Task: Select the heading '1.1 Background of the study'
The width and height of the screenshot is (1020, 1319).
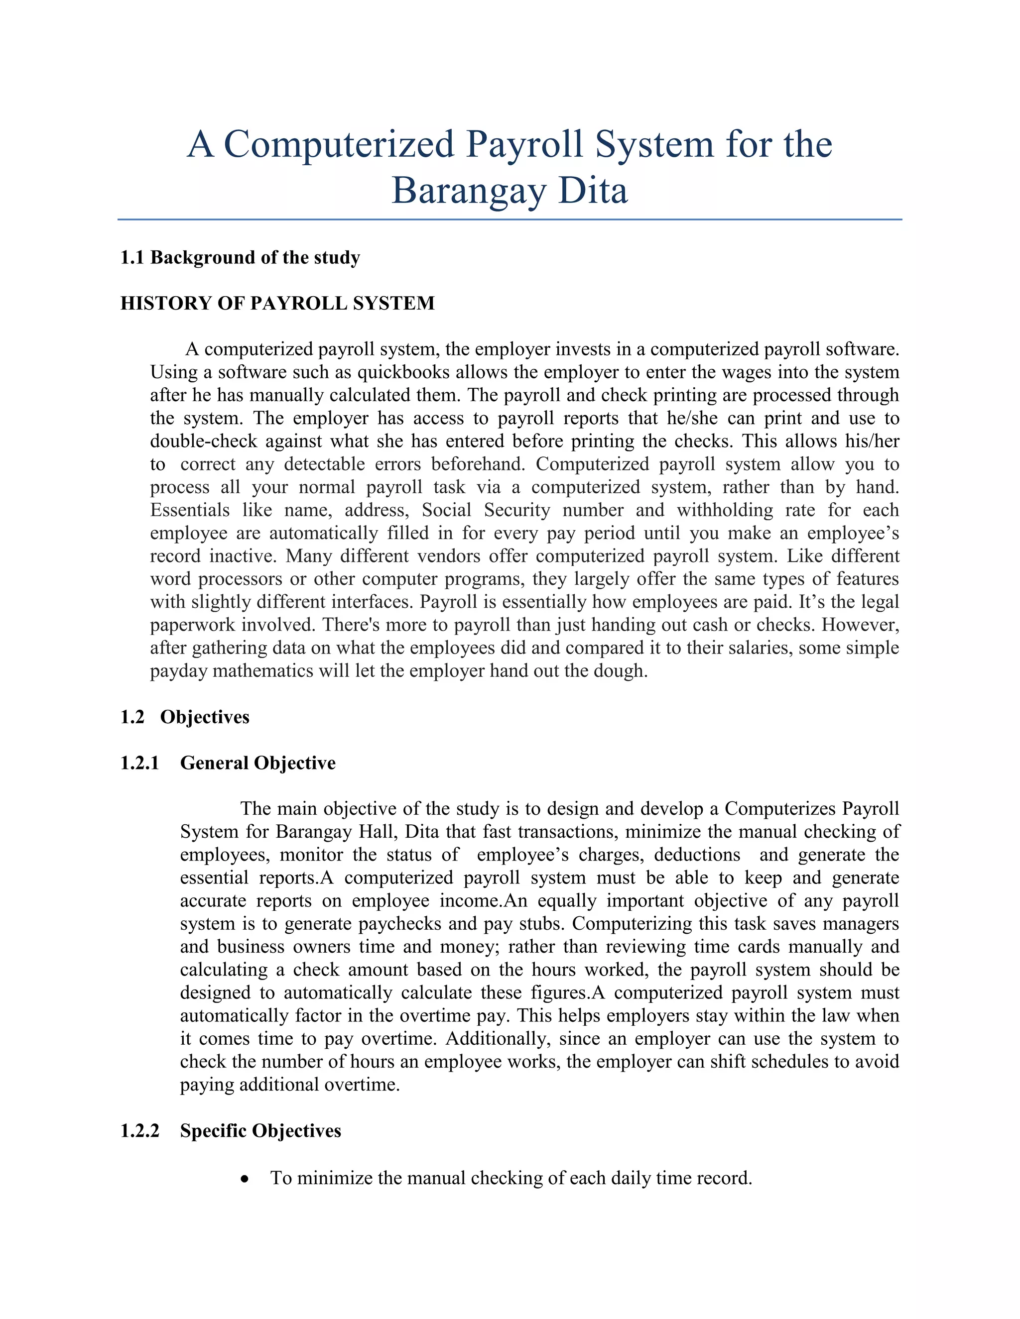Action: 240,258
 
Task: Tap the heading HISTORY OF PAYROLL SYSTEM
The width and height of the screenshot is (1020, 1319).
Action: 277,303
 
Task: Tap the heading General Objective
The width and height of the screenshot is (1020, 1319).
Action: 257,764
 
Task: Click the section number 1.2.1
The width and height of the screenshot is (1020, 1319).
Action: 139,764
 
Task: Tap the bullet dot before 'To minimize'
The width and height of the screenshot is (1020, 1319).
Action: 245,1179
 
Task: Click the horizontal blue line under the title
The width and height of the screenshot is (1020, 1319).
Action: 510,219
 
